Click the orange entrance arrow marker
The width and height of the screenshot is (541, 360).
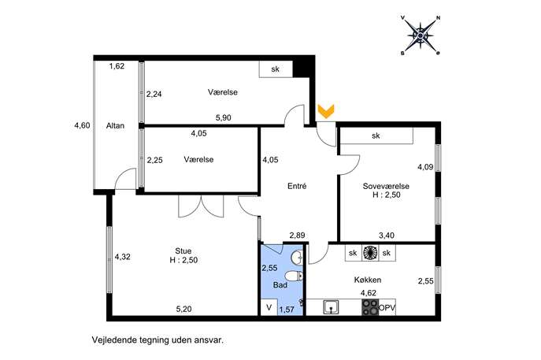tap(326, 112)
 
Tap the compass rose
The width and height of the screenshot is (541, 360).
tap(421, 35)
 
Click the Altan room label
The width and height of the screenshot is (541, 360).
tap(115, 125)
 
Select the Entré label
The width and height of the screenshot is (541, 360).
tap(297, 186)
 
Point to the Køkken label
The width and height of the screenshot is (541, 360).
tap(368, 280)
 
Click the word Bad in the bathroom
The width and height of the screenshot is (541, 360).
tap(280, 285)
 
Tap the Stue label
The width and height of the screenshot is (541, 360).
tap(183, 251)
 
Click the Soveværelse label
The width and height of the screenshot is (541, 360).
tap(386, 186)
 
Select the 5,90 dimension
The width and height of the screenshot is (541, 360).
tap(223, 117)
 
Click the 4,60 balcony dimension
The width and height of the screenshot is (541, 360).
tap(82, 125)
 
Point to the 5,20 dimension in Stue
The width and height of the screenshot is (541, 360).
tap(184, 309)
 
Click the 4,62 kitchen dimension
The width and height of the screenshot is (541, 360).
tap(369, 293)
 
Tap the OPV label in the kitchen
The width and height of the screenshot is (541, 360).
tap(387, 308)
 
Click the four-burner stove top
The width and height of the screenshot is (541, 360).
tap(370, 307)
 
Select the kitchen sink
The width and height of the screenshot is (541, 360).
tap(331, 307)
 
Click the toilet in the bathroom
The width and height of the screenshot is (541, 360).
tap(294, 276)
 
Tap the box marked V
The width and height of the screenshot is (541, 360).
tap(269, 307)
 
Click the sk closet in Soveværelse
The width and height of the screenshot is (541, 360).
tap(376, 135)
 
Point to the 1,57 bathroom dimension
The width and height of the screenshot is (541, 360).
tap(287, 310)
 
